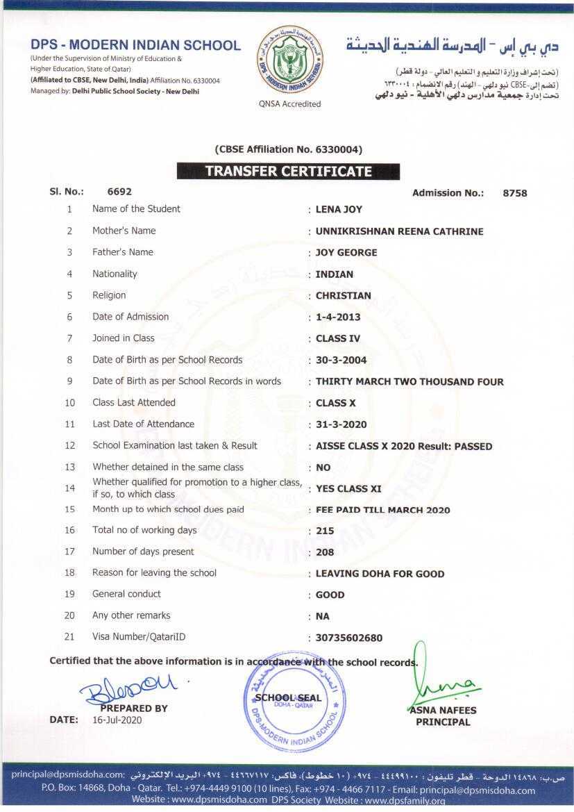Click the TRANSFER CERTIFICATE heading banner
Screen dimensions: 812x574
click(x=288, y=172)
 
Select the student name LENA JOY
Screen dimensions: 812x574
click(x=339, y=209)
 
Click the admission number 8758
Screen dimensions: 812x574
click(x=514, y=193)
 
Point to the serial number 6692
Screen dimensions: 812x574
click(x=119, y=192)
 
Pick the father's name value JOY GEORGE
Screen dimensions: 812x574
click(x=346, y=252)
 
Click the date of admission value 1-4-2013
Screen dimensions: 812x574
click(x=339, y=317)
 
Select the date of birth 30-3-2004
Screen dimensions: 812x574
click(x=341, y=360)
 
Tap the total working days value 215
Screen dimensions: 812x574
click(x=325, y=531)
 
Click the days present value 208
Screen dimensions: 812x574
click(x=325, y=552)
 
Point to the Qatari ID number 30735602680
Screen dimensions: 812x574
click(x=349, y=638)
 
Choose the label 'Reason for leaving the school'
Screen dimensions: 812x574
click(x=154, y=573)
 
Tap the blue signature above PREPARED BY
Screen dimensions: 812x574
click(x=128, y=688)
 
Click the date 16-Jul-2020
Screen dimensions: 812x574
click(x=117, y=720)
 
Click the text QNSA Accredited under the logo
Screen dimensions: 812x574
click(x=289, y=104)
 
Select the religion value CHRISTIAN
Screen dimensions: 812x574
click(x=343, y=295)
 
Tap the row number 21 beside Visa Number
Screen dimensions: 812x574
click(x=69, y=637)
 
